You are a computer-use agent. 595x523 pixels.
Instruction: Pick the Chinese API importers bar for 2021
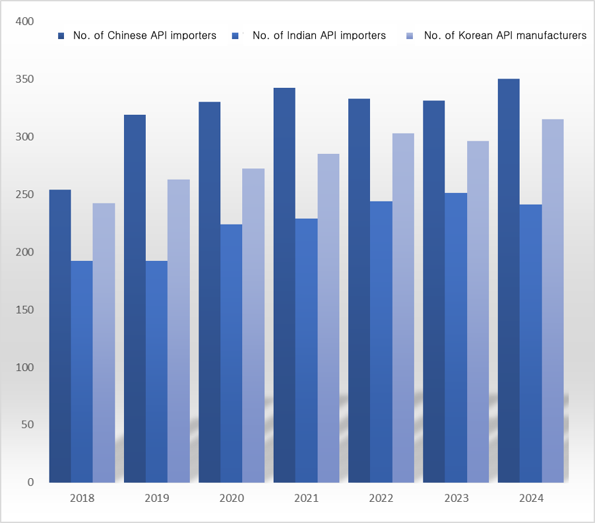(284, 285)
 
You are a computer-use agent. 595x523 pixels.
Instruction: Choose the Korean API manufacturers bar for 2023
(478, 311)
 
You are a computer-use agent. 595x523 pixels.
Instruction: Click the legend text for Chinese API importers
(145, 36)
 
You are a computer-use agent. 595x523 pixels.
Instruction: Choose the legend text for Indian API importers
(319, 36)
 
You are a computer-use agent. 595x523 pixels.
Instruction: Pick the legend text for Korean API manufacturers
(505, 36)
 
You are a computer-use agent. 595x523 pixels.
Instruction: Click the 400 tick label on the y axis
(24, 22)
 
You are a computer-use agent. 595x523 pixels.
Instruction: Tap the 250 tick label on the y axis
(24, 195)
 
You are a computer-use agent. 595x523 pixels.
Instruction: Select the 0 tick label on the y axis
(30, 483)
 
